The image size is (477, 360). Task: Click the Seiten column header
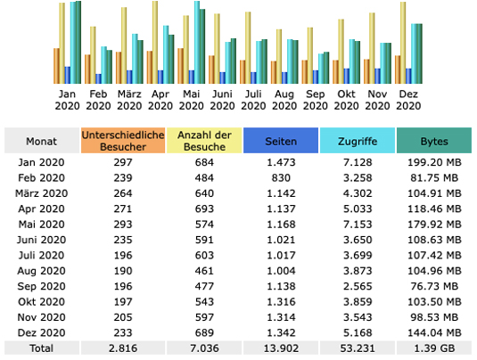[x=281, y=141]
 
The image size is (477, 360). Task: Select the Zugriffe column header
[x=358, y=141]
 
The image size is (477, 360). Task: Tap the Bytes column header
[x=434, y=141]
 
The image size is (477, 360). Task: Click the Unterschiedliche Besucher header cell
[x=123, y=141]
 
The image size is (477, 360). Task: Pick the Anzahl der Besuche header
[x=204, y=141]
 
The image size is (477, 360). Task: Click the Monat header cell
[x=42, y=141]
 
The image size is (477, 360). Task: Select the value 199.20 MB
[x=434, y=162]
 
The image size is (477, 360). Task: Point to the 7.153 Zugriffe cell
[x=358, y=225]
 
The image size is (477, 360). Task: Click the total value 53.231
[x=358, y=348]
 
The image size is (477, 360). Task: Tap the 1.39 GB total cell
[x=434, y=348]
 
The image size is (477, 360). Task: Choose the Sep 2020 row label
[x=41, y=286]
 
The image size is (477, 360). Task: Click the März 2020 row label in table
[x=41, y=193]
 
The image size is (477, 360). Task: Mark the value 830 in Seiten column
[x=281, y=178]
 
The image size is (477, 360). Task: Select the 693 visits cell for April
[x=204, y=209]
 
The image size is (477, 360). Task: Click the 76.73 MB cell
[x=434, y=286]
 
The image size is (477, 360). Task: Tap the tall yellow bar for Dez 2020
[x=403, y=43]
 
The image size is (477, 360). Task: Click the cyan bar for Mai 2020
[x=197, y=42]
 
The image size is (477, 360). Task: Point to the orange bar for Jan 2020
[x=56, y=66]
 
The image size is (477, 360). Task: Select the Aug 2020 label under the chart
[x=284, y=100]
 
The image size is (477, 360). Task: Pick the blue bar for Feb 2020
[x=99, y=78]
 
